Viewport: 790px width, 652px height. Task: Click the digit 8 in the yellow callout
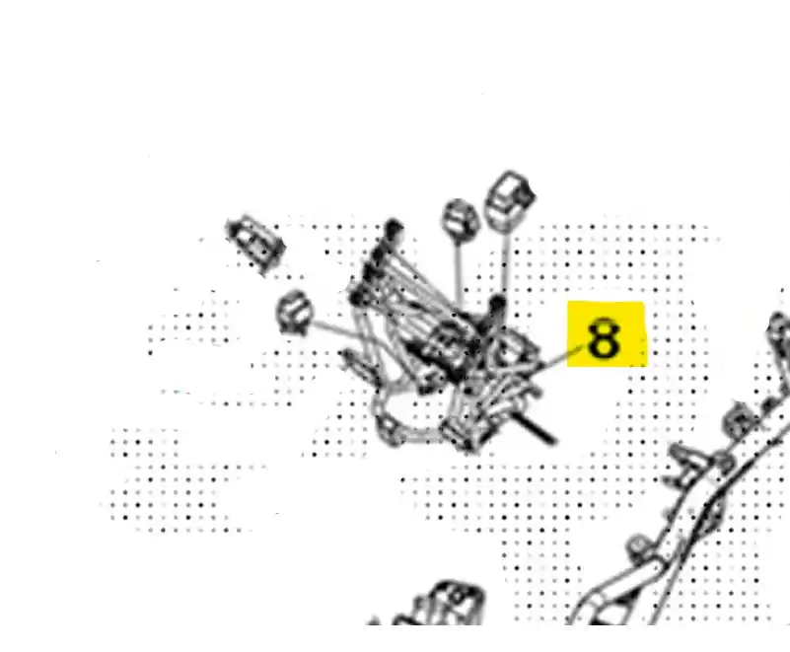click(604, 338)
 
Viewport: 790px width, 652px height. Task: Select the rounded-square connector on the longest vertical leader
click(509, 199)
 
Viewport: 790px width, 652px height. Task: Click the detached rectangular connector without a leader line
click(254, 246)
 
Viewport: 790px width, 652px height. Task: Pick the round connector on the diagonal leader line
click(294, 313)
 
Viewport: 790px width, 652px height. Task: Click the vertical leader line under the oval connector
click(459, 271)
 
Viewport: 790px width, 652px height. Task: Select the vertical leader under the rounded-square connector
click(504, 263)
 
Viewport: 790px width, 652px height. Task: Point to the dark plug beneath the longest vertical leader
click(497, 306)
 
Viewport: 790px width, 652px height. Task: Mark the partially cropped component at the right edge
click(779, 335)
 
